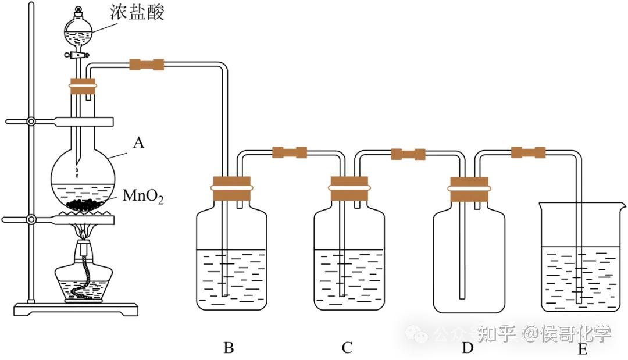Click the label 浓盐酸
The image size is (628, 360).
(x=140, y=12)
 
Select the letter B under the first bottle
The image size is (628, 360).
(x=229, y=348)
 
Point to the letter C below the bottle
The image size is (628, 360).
(x=347, y=348)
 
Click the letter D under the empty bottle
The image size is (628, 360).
(x=467, y=348)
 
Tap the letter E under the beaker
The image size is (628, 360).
(x=583, y=350)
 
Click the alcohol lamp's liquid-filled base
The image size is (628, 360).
(x=81, y=286)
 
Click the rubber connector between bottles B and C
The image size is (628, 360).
(x=290, y=153)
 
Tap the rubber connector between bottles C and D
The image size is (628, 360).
(x=408, y=154)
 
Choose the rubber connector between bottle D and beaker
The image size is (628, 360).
(x=528, y=153)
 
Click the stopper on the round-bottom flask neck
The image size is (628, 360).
(x=82, y=85)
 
